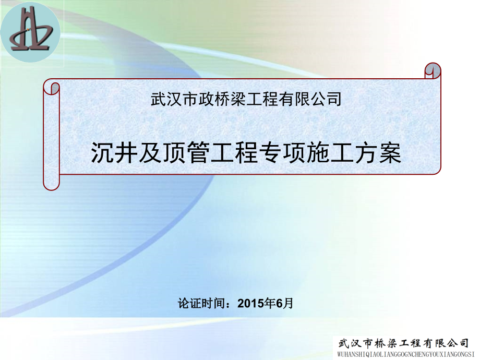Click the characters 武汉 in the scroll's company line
tap(162, 99)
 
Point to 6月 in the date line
tap(285, 303)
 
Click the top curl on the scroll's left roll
tap(51, 87)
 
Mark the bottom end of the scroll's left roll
tap(51, 183)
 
